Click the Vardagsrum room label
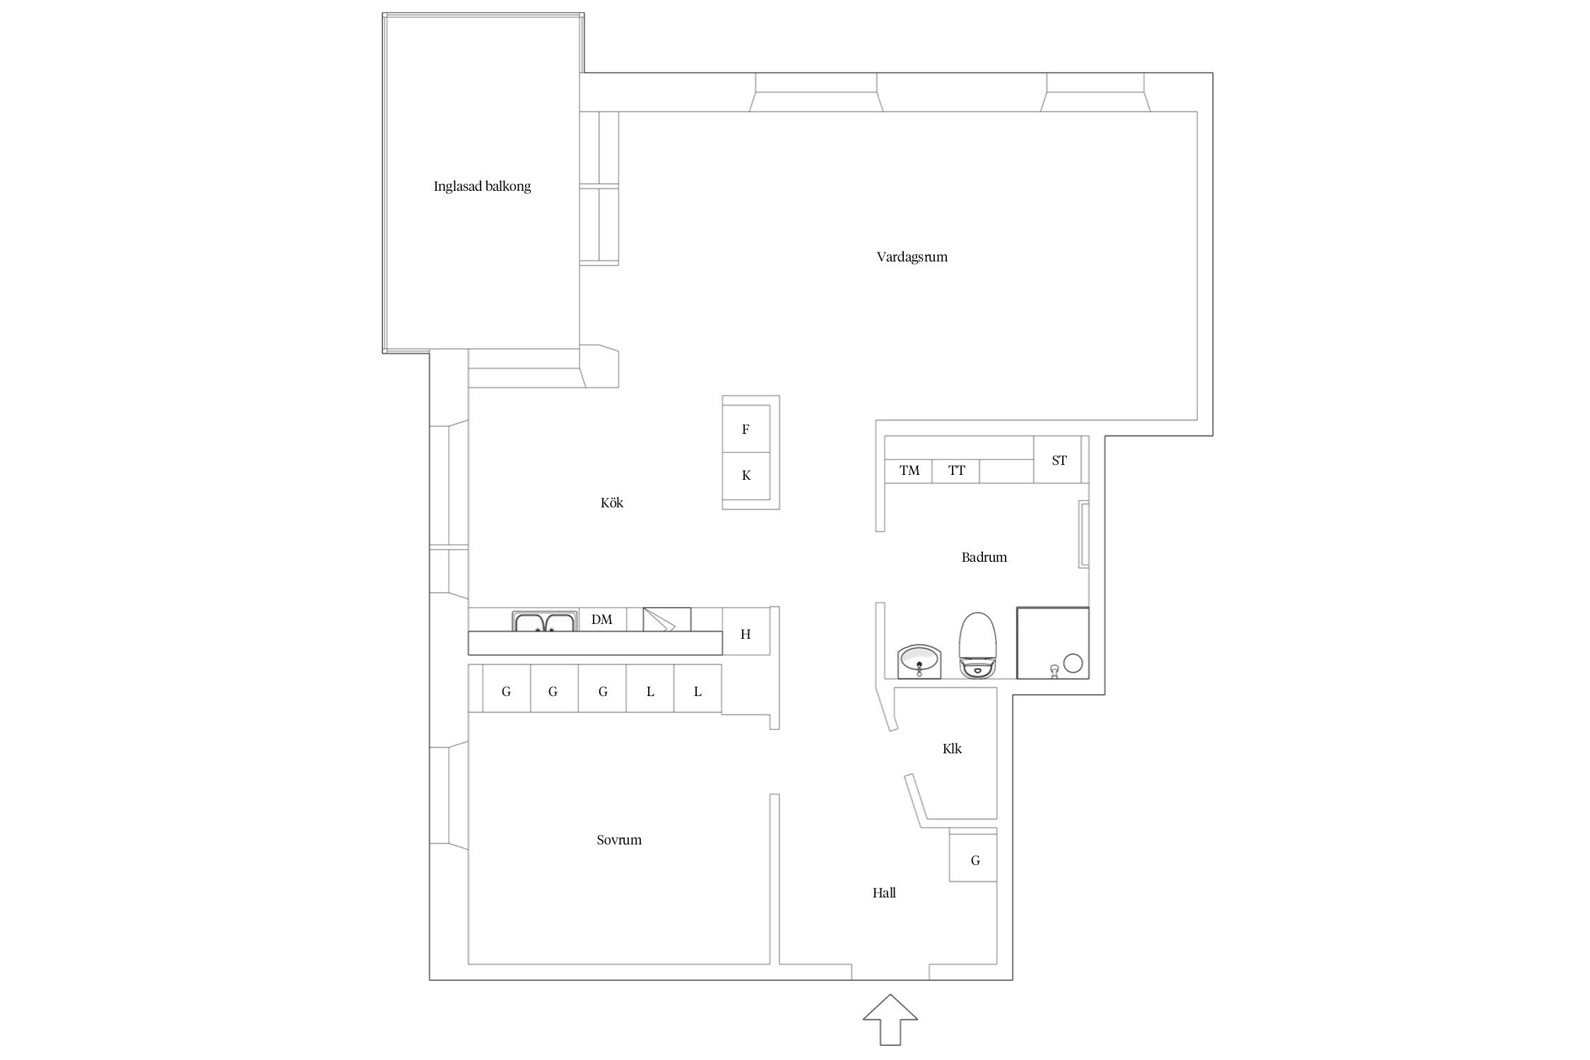pyautogui.click(x=912, y=257)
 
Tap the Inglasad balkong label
pyautogui.click(x=482, y=187)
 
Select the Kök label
pyautogui.click(x=612, y=502)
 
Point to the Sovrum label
pyautogui.click(x=619, y=840)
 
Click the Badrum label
pyautogui.click(x=984, y=557)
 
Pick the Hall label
pyautogui.click(x=884, y=893)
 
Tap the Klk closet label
pyautogui.click(x=952, y=748)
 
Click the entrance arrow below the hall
pyautogui.click(x=890, y=1019)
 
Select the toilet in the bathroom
pyautogui.click(x=977, y=644)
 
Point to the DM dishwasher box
pyautogui.click(x=602, y=619)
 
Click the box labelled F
pyautogui.click(x=746, y=429)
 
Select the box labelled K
pyautogui.click(x=746, y=476)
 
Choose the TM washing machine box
pyautogui.click(x=909, y=471)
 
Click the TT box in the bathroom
pyautogui.click(x=956, y=471)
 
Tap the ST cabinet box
pyautogui.click(x=1058, y=459)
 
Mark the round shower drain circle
pyautogui.click(x=1073, y=663)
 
